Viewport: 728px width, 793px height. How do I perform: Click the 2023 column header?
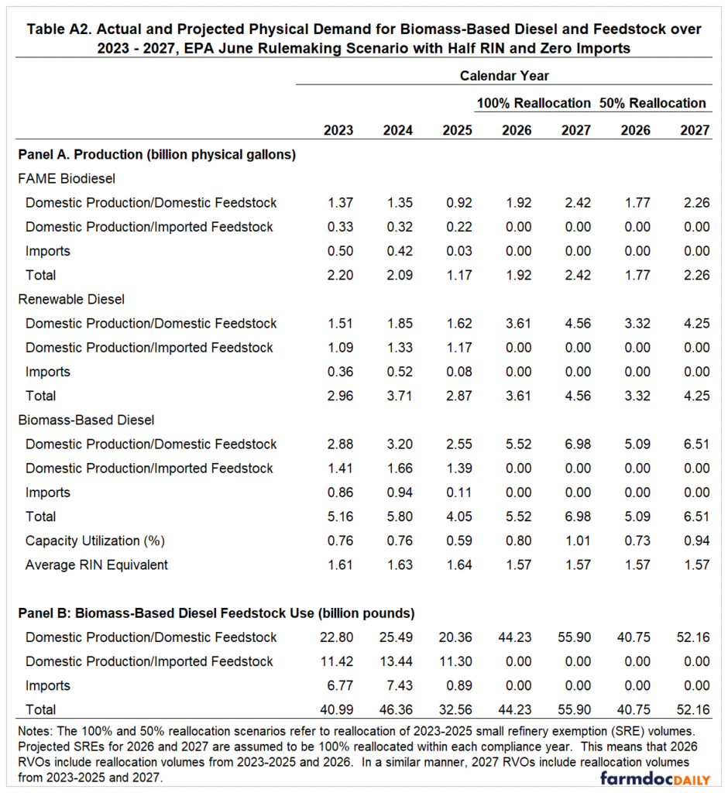pyautogui.click(x=338, y=130)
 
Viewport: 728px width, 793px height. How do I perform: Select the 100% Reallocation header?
pyautogui.click(x=534, y=103)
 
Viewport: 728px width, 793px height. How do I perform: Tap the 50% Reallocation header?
pyautogui.click(x=652, y=103)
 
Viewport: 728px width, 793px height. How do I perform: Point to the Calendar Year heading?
pyautogui.click(x=504, y=76)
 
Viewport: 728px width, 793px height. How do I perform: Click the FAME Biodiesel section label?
pyautogui.click(x=67, y=178)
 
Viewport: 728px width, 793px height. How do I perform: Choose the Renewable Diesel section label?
pyautogui.click(x=70, y=299)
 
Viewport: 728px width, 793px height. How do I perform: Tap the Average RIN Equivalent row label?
pyautogui.click(x=97, y=565)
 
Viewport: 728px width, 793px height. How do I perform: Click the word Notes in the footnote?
pyautogui.click(x=33, y=729)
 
